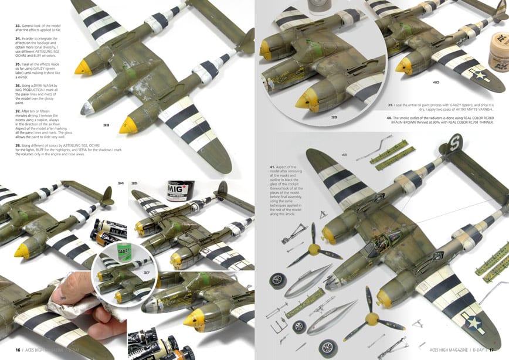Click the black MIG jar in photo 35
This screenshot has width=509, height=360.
point(180,191)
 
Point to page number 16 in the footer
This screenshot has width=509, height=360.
point(18,349)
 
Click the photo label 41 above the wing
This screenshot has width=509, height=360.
point(344,154)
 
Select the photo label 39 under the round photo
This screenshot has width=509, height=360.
point(334,117)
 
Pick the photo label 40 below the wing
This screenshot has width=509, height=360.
point(436,83)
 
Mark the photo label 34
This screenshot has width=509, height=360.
point(121,184)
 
